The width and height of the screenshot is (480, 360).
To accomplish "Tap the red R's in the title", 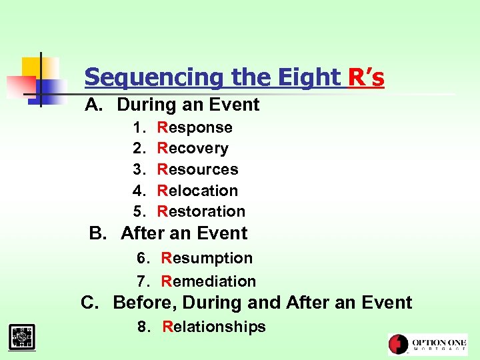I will click(366, 78).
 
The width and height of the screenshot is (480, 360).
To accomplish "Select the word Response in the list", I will click(195, 127).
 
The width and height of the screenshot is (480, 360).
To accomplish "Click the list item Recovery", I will click(193, 148).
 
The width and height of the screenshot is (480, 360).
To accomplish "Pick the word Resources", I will click(197, 169).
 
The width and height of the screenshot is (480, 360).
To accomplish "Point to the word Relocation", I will click(197, 191).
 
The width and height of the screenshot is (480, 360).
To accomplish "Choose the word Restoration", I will click(201, 211).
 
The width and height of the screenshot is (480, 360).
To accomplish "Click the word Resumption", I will click(207, 258).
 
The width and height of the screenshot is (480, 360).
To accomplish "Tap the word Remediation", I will click(209, 281).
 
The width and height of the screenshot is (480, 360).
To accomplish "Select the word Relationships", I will click(214, 327).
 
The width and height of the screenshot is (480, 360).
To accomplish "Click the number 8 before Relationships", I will click(142, 327).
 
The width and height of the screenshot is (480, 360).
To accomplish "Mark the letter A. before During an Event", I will click(94, 105).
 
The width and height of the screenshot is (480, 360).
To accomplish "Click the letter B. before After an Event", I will click(98, 233).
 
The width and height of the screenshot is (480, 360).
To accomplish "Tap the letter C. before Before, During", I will click(90, 303).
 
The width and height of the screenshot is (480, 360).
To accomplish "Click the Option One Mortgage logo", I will click(427, 344).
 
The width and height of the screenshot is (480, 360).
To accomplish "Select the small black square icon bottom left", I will click(22, 336).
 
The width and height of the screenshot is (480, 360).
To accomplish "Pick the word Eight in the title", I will click(311, 78).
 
